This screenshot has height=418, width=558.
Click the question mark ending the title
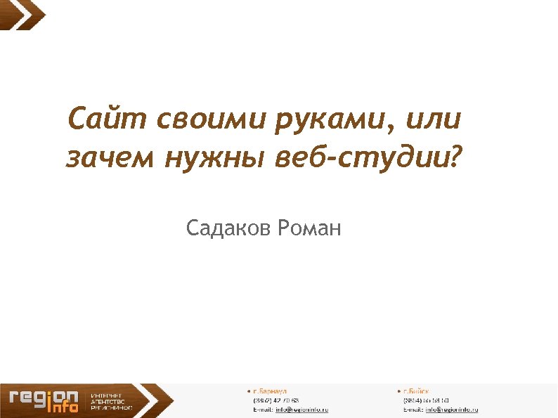coord(456,157)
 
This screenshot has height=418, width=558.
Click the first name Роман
coord(309,228)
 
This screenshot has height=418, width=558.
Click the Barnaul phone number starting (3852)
coord(276,400)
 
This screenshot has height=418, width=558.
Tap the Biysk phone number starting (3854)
coord(426,400)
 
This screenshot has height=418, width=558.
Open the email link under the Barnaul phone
coord(301,409)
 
